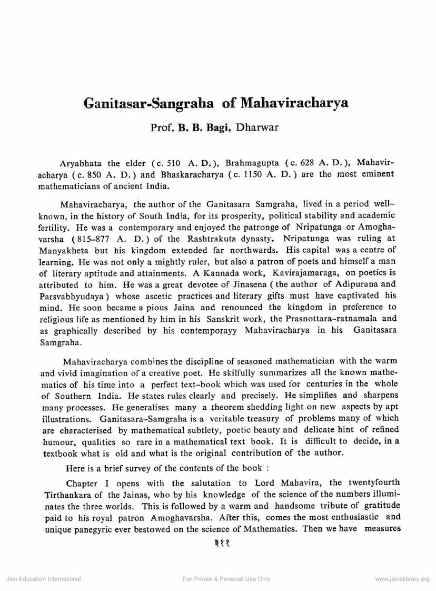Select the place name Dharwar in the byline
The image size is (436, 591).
(x=257, y=127)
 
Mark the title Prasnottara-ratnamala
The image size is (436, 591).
(x=331, y=319)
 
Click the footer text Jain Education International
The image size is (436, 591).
(x=43, y=579)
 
